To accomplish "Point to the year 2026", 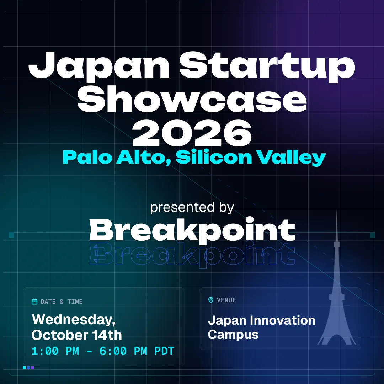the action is click(192, 133).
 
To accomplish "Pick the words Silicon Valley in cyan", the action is click(251, 158).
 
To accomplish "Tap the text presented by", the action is click(192, 207).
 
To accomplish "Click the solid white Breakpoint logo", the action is click(192, 229).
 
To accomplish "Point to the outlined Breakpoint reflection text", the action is click(192, 255).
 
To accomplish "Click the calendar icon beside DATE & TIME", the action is click(34, 302).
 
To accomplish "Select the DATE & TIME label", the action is click(62, 302).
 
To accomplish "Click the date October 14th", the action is click(77, 335).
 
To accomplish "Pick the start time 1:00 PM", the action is click(55, 351).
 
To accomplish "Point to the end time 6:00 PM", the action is click(123, 351).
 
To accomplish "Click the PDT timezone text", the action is click(164, 351).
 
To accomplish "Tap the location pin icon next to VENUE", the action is click(210, 300).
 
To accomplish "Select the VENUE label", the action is click(226, 300).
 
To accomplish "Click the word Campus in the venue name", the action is click(233, 335).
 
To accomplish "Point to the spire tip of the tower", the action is click(336, 210).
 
